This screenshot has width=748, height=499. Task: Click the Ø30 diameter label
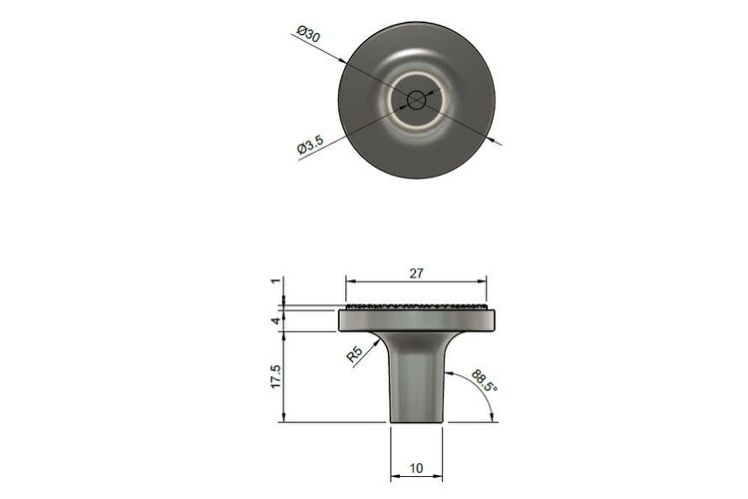point(308,35)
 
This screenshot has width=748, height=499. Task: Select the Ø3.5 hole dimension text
point(310,145)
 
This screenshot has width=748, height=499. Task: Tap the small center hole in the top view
point(417,100)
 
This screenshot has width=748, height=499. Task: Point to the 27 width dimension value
point(416,273)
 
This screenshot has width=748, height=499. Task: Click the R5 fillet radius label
point(354,354)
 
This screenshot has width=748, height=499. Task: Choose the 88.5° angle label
point(484,380)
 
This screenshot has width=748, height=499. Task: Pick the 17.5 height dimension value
point(275,377)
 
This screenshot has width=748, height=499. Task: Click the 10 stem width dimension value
point(416,468)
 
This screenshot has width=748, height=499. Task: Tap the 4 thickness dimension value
point(275,321)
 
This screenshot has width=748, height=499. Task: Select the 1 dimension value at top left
point(275,280)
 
